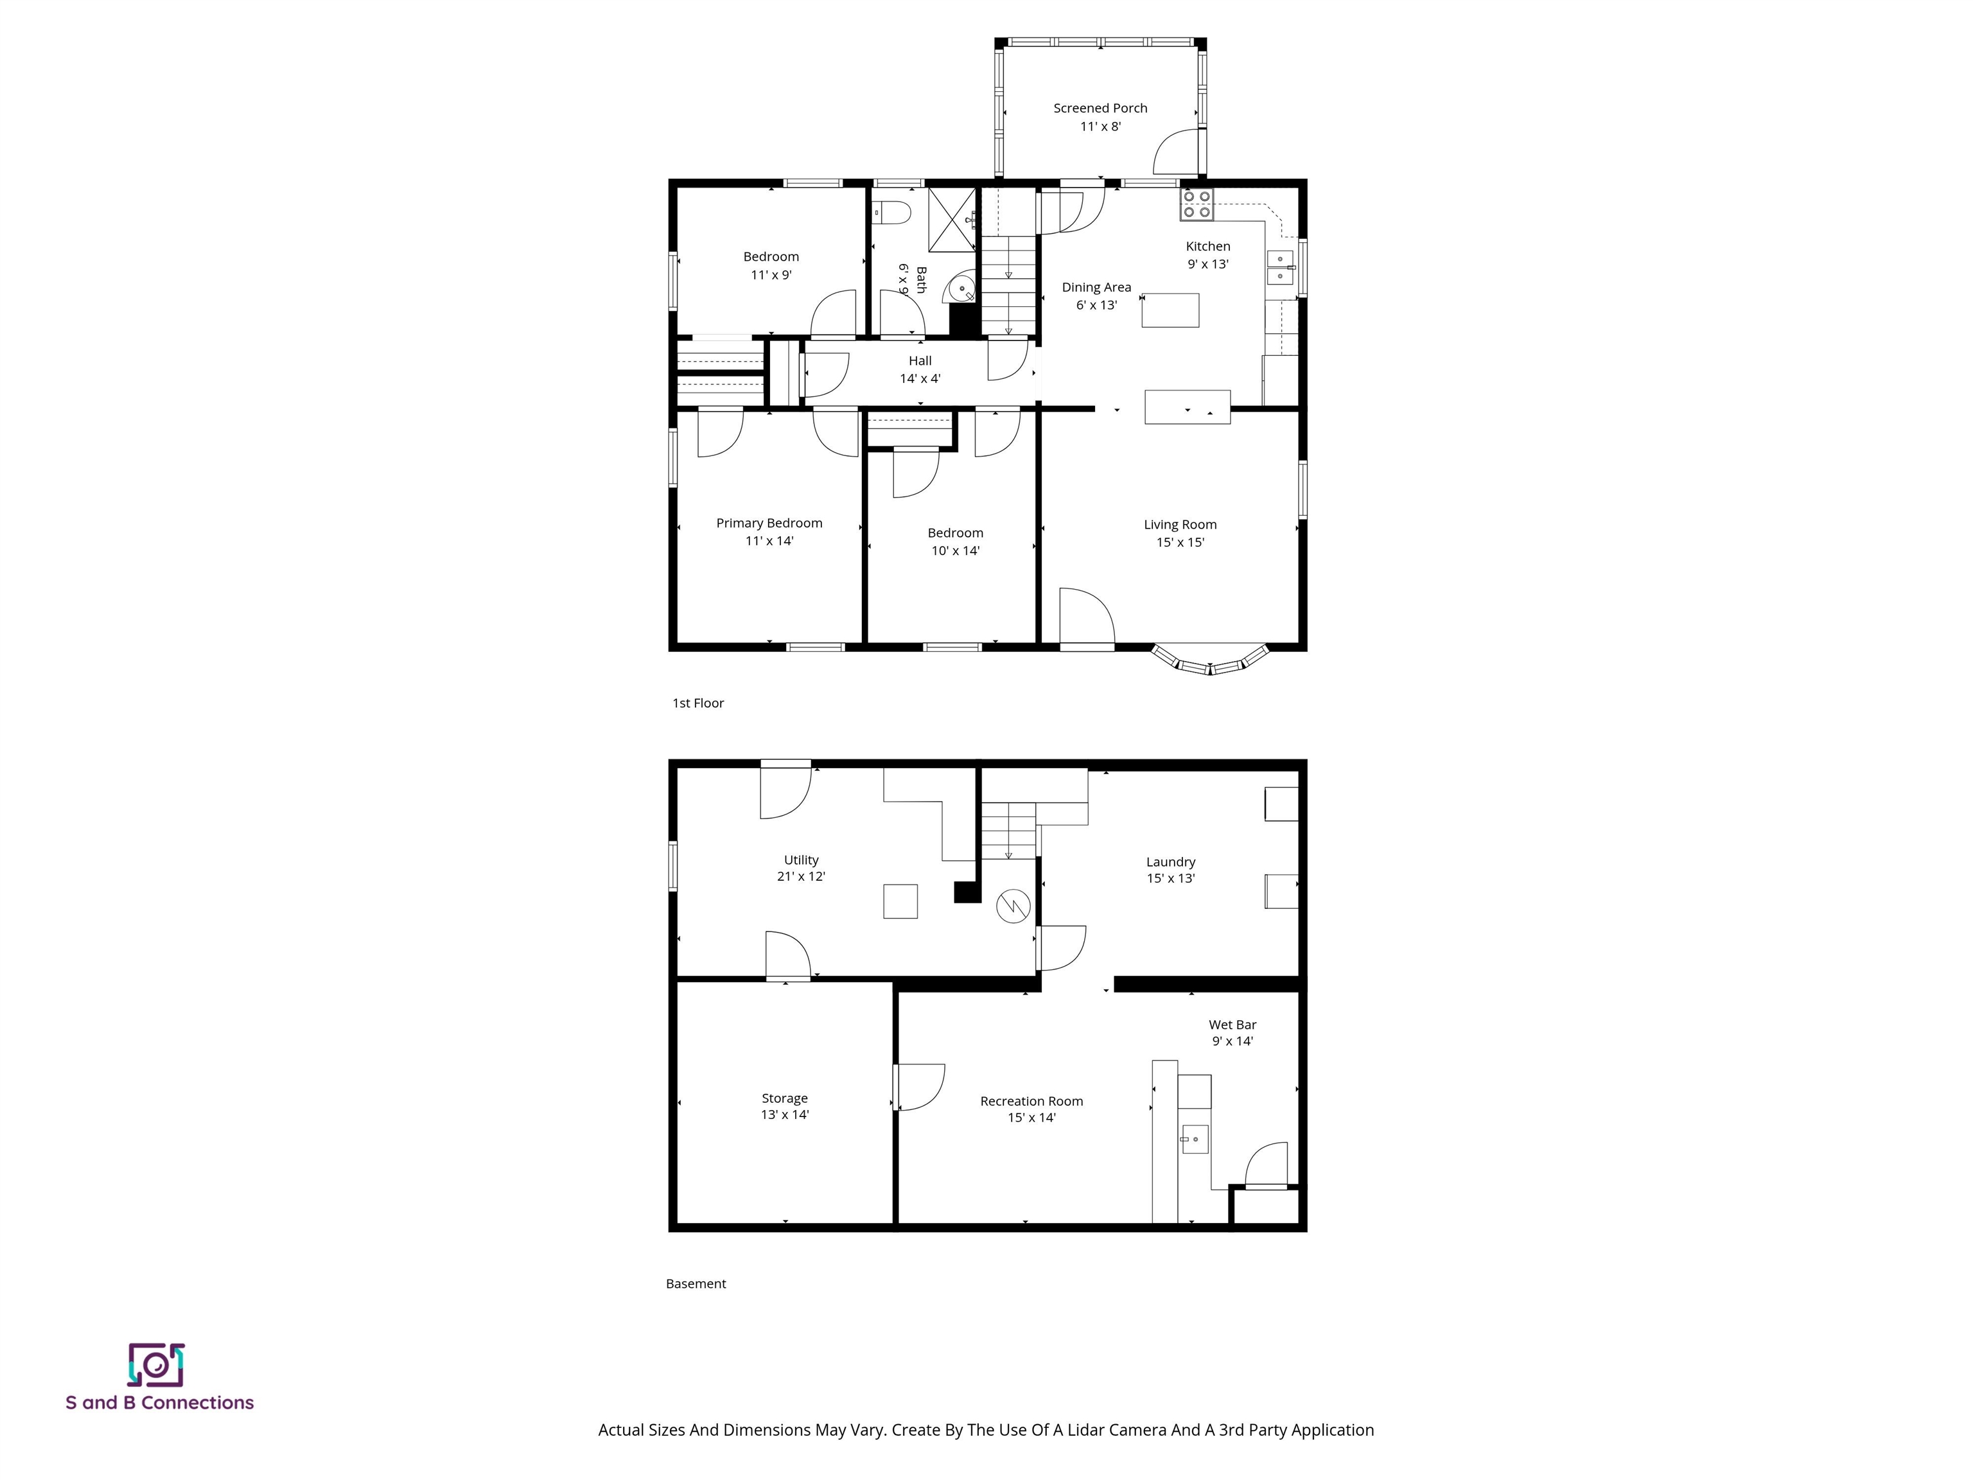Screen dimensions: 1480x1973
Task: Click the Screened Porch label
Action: (1100, 108)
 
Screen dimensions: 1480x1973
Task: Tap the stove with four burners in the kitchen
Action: (1196, 205)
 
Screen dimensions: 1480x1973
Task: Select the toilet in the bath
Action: (892, 213)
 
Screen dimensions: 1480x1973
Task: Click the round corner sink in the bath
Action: (961, 288)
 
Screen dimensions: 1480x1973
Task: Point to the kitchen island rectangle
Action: (1170, 310)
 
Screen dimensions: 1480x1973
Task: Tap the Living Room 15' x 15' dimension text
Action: (1180, 542)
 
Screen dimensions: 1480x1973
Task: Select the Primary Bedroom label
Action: (769, 523)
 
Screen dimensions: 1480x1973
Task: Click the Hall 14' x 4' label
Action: (920, 369)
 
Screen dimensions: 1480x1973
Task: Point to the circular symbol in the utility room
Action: (1013, 906)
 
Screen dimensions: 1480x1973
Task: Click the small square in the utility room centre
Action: (900, 901)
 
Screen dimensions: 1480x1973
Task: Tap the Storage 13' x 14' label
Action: (784, 1106)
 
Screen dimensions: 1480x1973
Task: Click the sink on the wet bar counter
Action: (1195, 1139)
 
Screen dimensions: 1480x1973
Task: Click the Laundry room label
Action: (1170, 862)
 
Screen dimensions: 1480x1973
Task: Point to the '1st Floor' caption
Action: (697, 703)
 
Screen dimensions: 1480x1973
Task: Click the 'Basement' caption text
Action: (696, 1283)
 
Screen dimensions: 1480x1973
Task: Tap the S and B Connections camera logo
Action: (156, 1365)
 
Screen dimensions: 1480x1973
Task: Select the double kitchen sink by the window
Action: (1280, 268)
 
